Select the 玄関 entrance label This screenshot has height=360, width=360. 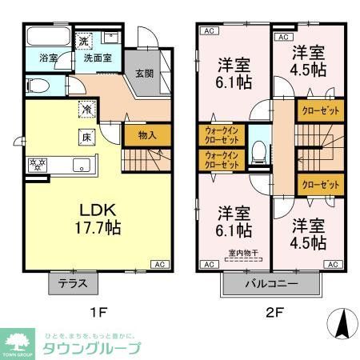(x=144, y=74)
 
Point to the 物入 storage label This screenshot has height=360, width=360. (x=146, y=135)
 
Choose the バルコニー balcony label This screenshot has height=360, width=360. (x=271, y=284)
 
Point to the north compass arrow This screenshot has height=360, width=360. (x=340, y=324)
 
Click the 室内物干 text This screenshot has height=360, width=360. (x=238, y=254)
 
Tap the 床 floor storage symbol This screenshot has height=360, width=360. (x=84, y=137)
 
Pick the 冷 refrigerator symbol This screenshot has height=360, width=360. (x=84, y=111)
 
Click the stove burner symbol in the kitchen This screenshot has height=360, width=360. (x=36, y=165)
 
